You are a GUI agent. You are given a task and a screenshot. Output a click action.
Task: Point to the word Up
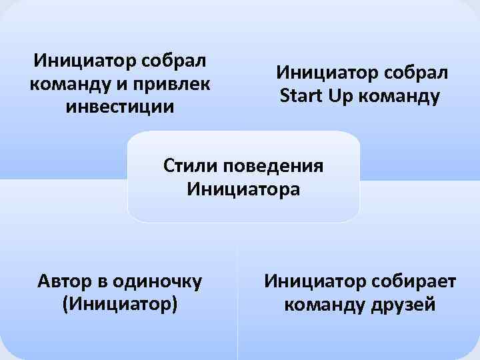tap(340, 96)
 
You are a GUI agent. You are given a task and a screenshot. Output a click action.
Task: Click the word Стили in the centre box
tap(191, 166)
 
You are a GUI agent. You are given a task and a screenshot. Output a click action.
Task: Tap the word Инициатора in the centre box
tap(243, 189)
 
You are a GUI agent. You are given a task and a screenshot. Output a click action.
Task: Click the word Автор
tap(69, 281)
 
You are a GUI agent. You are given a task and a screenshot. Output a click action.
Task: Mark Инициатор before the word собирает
tap(311, 281)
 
